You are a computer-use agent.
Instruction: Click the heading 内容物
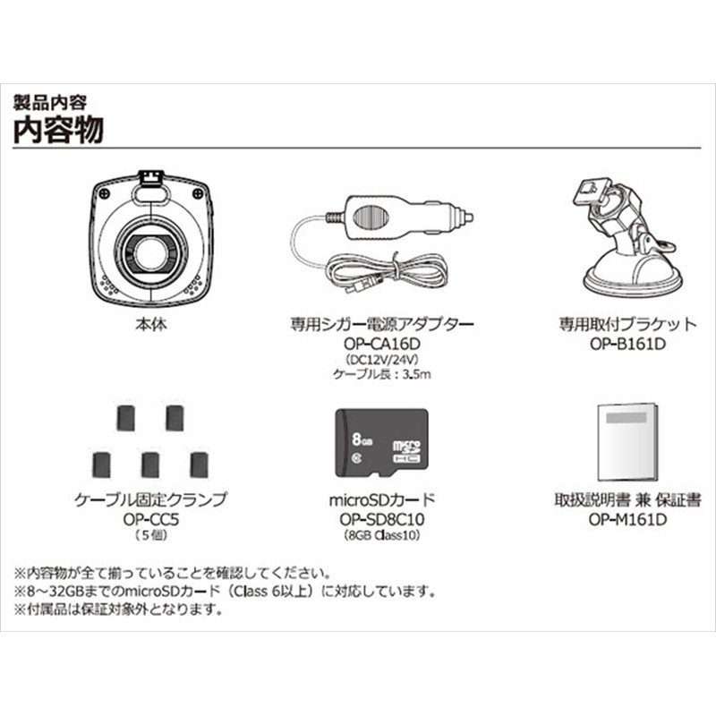tap(59, 128)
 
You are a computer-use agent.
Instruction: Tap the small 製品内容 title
tap(51, 98)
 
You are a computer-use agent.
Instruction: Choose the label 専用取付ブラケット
tap(626, 325)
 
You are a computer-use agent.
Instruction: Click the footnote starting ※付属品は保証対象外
tap(116, 611)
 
